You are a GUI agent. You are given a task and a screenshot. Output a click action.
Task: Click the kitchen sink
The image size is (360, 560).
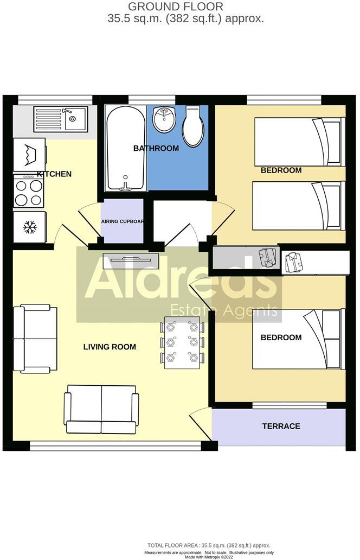[x=60, y=119]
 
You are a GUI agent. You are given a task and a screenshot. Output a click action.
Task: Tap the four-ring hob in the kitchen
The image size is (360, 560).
[x=29, y=192]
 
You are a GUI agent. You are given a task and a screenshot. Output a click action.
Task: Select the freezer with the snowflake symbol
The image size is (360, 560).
[x=29, y=227]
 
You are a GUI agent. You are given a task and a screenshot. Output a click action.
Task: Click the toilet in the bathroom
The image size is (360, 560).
[x=192, y=126]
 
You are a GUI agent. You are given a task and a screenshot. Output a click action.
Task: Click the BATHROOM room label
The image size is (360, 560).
[x=156, y=148]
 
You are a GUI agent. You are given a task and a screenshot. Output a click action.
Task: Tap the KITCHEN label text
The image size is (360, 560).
[x=54, y=174]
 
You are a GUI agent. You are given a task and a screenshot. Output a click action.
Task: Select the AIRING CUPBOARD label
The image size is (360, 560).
[x=123, y=221]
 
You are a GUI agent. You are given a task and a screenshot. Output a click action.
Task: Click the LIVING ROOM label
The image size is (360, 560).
[x=110, y=347]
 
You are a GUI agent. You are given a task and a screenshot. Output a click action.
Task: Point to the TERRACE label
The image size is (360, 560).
[x=281, y=426]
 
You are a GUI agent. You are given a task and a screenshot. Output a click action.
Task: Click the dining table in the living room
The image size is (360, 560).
[x=182, y=342]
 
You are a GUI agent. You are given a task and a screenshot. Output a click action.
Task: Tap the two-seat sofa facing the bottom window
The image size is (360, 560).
[x=101, y=409]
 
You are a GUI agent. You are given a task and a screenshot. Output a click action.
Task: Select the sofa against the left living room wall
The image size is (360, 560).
[x=36, y=339]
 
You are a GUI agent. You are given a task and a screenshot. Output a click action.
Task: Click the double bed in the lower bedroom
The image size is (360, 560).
[x=297, y=339]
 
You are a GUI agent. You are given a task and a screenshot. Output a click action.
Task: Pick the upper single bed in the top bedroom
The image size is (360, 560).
[x=299, y=142]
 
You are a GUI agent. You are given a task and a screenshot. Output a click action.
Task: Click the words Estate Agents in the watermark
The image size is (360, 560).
[x=224, y=310]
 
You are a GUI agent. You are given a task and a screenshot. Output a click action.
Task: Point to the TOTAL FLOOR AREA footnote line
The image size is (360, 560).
[x=209, y=545]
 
